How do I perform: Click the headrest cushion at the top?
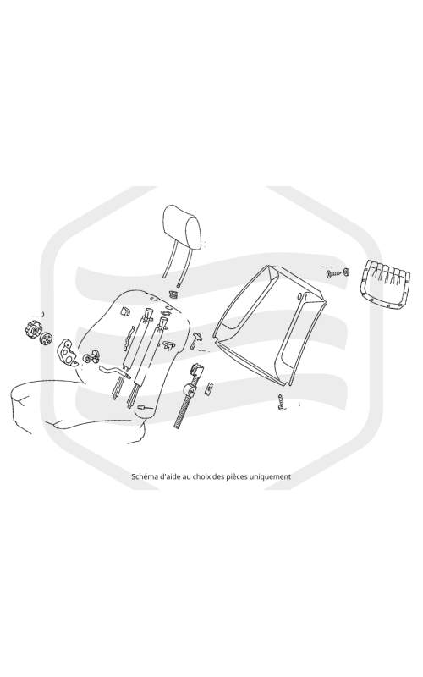182,228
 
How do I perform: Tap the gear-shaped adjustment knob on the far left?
32,330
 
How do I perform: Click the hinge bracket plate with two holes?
67,352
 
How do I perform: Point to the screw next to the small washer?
332,273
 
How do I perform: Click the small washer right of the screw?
346,272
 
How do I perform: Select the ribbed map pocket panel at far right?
384,284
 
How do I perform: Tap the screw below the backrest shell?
281,402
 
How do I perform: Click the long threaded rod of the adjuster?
183,409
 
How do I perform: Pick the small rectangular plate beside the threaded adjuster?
208,389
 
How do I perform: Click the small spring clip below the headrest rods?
174,294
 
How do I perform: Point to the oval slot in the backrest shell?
299,296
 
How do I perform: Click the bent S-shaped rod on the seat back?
114,372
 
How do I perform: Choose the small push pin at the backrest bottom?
141,407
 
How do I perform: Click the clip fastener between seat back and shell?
196,339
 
